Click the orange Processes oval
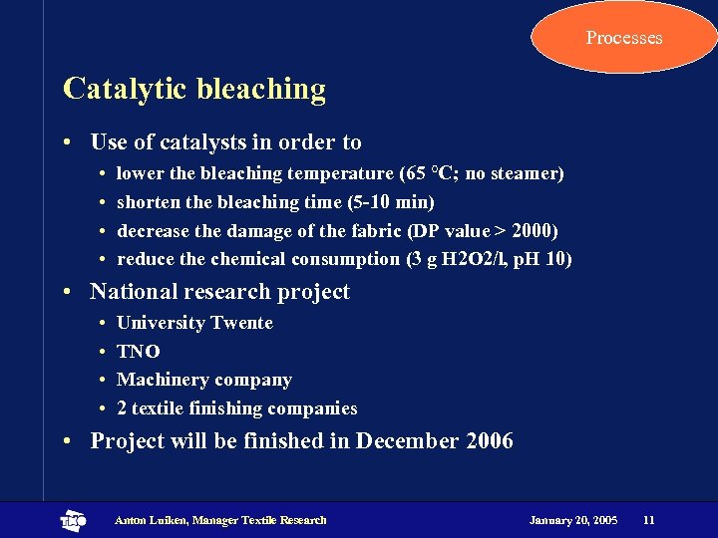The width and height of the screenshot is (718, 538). coord(624,38)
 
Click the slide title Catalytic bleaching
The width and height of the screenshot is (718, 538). coord(194,89)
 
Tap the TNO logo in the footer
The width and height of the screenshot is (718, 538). coord(74,520)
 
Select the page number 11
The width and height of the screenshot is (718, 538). coord(649,520)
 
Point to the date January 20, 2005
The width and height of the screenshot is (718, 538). coord(573,520)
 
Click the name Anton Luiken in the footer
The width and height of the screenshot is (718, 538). coord(151,520)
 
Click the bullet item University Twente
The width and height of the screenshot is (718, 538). coord(194,323)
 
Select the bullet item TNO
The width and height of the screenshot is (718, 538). coord(138,352)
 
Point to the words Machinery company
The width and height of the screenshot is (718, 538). coord(204,380)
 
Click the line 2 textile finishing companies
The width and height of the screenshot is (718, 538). coord(236,408)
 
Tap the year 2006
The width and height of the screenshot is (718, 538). coord(490,440)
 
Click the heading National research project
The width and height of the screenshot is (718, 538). coord(219,292)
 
